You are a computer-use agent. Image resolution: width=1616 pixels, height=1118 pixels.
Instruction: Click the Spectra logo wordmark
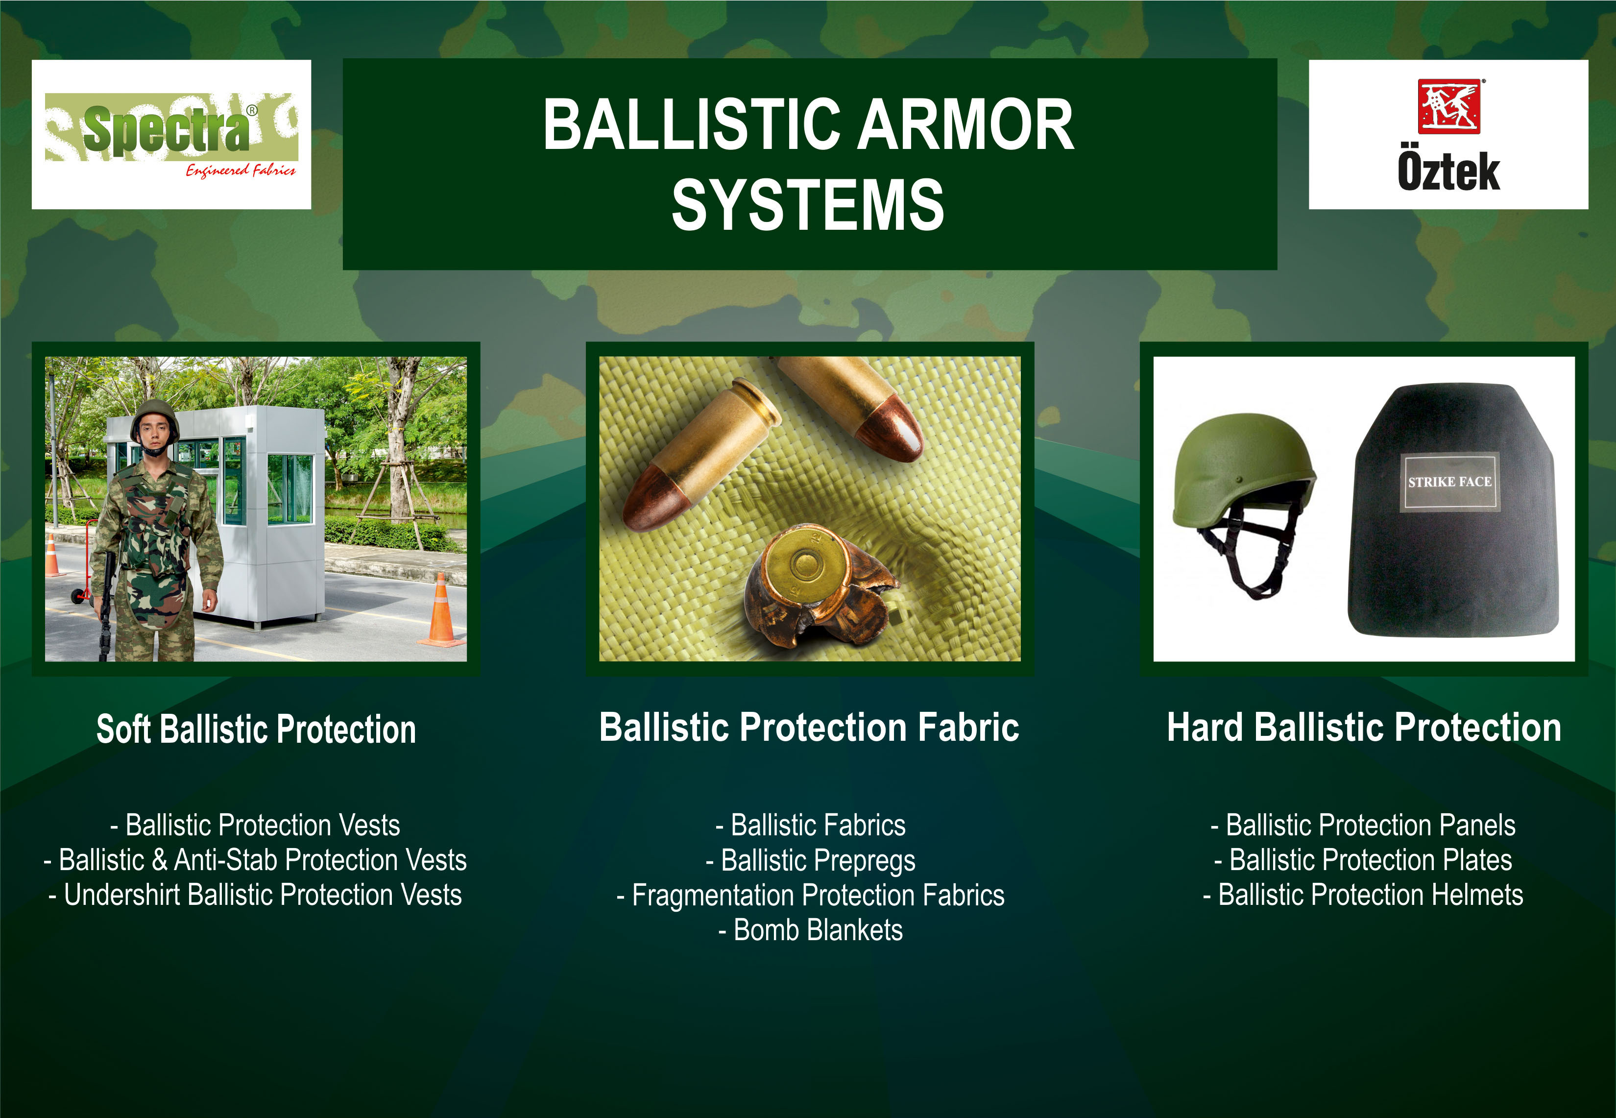166,129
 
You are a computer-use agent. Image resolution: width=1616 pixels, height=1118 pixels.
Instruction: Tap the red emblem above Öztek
1448,106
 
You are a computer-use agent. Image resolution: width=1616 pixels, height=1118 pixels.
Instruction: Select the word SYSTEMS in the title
808,205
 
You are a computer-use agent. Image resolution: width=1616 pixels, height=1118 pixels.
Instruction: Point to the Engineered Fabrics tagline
240,170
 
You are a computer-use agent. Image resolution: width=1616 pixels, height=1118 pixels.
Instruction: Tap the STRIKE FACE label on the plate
1449,482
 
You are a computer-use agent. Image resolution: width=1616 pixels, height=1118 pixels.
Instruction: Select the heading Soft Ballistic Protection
256,729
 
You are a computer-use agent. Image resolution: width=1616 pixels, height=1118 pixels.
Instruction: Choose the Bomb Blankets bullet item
811,930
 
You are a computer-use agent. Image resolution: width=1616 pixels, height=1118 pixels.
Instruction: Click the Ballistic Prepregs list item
811,861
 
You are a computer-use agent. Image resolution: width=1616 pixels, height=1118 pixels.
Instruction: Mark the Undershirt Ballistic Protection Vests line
255,895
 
